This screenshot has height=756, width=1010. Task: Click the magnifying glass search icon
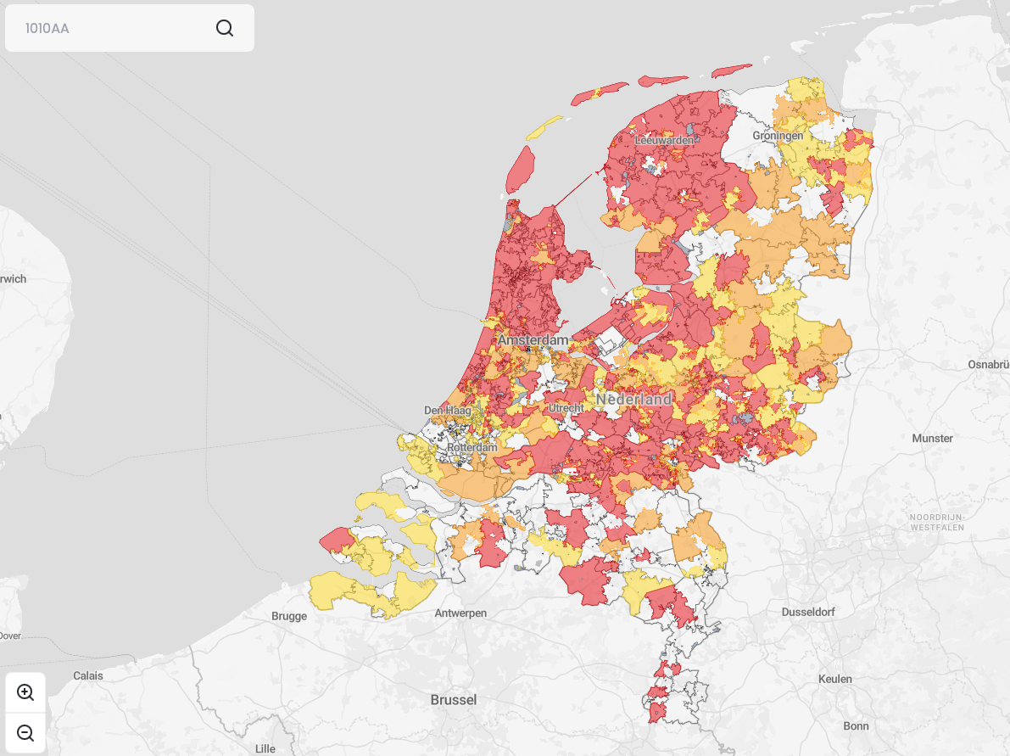tap(225, 28)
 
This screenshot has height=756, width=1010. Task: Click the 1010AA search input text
tap(47, 28)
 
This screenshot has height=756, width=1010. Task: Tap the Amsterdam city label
tap(533, 340)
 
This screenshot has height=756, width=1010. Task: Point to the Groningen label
tap(778, 136)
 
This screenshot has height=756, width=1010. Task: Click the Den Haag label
tap(447, 411)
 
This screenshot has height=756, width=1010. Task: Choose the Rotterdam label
tap(472, 447)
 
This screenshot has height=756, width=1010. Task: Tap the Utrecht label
tap(566, 408)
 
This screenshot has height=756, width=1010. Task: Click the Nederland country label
tap(633, 399)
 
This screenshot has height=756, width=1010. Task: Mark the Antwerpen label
tap(460, 613)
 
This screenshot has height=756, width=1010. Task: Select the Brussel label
tap(454, 700)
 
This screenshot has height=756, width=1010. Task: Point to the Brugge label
tap(289, 616)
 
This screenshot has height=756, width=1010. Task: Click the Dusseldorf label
tap(808, 612)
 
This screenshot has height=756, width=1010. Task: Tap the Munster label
tap(932, 439)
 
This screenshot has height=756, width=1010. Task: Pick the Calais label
tap(88, 675)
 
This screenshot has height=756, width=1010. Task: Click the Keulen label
tap(834, 679)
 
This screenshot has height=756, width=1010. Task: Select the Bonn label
tap(856, 725)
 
